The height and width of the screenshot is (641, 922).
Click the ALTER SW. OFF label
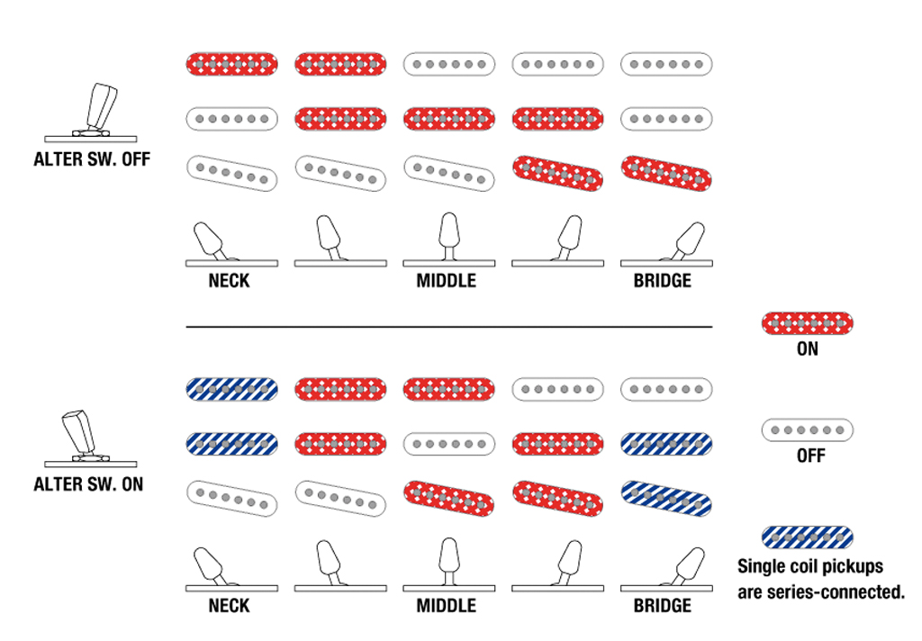[x=92, y=159]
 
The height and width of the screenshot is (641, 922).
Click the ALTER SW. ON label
[x=88, y=484]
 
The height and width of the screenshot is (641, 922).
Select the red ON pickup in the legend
[x=808, y=323]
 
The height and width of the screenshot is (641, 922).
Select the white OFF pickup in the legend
[x=808, y=430]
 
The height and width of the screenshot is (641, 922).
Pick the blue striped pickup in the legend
[x=808, y=537]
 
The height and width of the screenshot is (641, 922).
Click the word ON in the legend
[x=808, y=349]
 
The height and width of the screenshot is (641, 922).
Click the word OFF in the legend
[x=811, y=456]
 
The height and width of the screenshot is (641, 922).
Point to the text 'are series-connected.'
[x=821, y=592]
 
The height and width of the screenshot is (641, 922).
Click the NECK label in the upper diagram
[x=229, y=281]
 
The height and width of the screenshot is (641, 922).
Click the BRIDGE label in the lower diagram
[x=662, y=606]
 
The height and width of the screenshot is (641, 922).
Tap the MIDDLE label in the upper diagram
[x=447, y=281]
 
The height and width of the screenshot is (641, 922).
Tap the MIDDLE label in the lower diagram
[x=447, y=606]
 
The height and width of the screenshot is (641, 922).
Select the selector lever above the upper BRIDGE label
[x=685, y=241]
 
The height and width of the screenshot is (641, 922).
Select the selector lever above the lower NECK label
[x=211, y=567]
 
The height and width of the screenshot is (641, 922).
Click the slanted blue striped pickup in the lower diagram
[x=666, y=499]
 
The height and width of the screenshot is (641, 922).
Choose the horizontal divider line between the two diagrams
[x=449, y=327]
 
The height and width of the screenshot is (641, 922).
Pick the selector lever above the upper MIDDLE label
[x=449, y=237]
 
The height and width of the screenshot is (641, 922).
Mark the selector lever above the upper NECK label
[x=211, y=241]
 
